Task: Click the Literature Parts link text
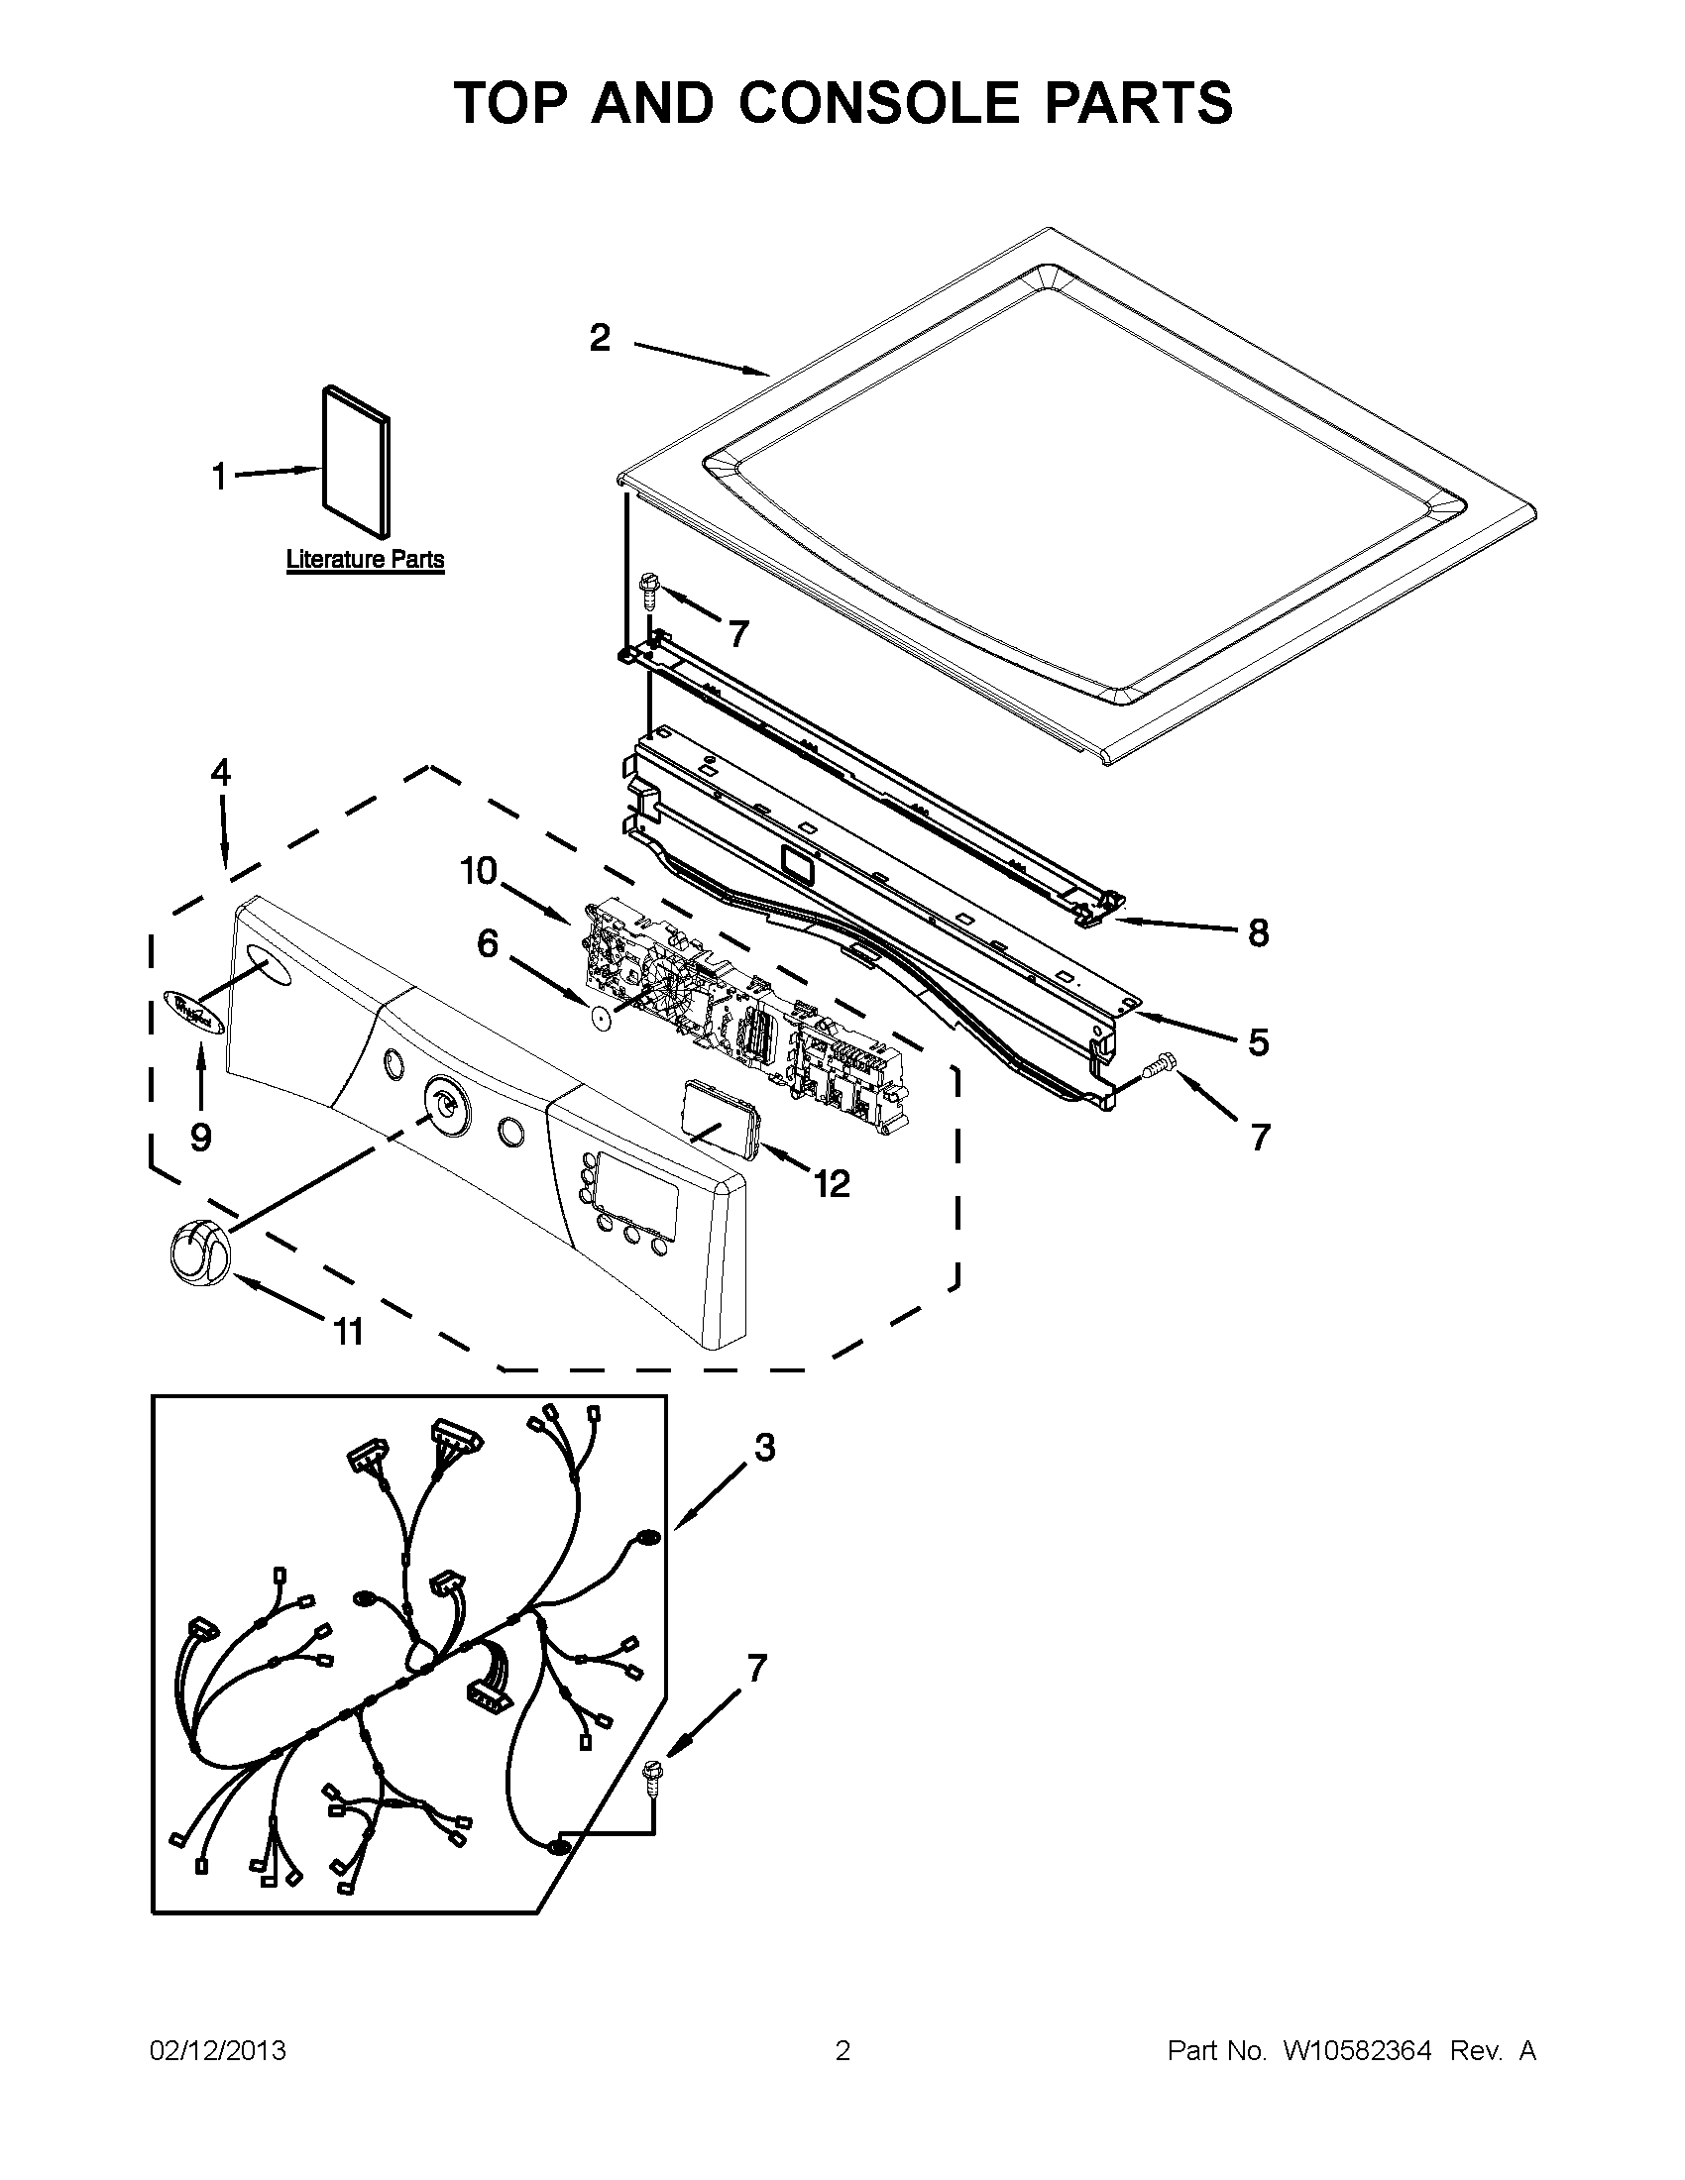pos(365,560)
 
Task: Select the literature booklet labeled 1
pos(356,461)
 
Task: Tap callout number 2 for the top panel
pos(599,338)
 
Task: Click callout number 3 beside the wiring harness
pos(763,1448)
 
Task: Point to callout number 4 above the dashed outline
pos(221,773)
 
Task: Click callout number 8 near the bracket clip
pos(1258,932)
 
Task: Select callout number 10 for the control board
pos(478,871)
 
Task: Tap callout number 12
pos(832,1184)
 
